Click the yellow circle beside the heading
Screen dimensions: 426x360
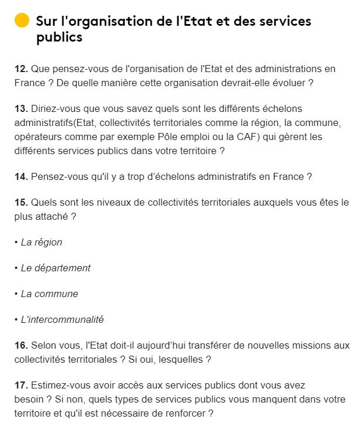coord(22,21)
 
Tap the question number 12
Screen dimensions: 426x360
coord(20,69)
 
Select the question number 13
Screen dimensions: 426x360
coord(20,108)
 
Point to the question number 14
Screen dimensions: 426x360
coord(20,176)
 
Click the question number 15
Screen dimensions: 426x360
coord(20,202)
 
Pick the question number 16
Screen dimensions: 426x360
coord(20,345)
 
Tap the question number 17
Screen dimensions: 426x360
coord(20,385)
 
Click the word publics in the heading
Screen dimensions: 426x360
coord(59,38)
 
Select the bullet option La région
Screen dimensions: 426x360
coord(41,242)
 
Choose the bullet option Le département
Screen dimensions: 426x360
coord(56,268)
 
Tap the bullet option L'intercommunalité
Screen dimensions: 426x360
coord(62,319)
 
